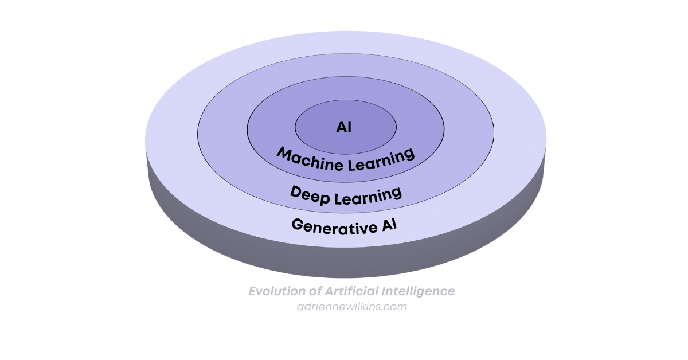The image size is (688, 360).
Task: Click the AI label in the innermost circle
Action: [344, 127]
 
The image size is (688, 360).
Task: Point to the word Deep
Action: [311, 193]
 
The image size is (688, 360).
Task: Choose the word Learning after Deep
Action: [369, 194]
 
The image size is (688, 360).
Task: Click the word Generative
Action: [325, 225]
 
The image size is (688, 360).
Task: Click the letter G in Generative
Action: [298, 225]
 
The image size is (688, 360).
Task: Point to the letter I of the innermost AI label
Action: [349, 127]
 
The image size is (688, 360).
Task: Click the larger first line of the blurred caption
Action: [350, 292]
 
